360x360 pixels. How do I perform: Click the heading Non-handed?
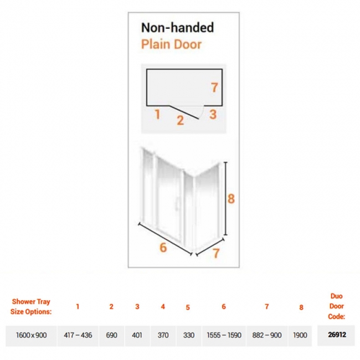177,28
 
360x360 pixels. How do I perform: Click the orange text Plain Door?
171,44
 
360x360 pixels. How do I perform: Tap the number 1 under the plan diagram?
157,114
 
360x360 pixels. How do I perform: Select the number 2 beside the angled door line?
180,120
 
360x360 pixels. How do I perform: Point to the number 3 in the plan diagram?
213,114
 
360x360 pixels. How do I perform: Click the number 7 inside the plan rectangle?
214,88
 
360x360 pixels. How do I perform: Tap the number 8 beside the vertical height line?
231,199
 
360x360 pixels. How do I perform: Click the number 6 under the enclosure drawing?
163,248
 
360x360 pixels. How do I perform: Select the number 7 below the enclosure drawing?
216,253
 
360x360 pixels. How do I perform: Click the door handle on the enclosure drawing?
176,203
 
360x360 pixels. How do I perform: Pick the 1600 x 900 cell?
31,335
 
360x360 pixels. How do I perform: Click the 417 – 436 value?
78,335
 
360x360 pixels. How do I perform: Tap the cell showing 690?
111,335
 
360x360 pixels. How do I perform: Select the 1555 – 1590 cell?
224,335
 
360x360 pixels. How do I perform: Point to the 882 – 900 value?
267,335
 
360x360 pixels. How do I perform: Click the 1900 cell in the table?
300,335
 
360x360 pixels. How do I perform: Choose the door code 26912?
337,335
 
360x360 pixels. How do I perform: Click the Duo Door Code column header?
337,306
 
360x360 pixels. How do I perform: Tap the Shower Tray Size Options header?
31,306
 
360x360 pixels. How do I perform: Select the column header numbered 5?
188,307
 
